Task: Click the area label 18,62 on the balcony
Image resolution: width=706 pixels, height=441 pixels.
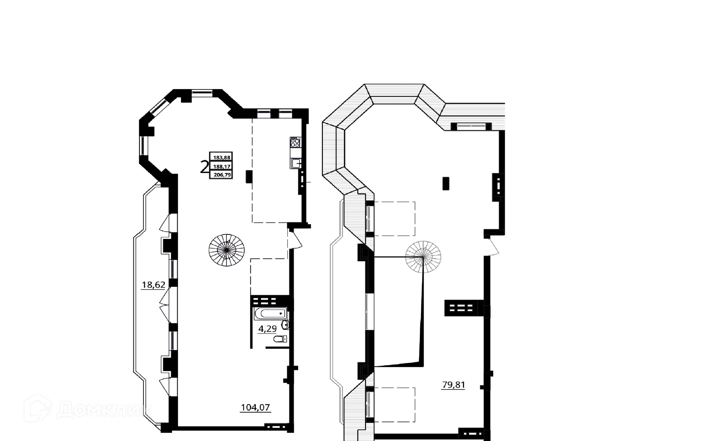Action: click(x=153, y=285)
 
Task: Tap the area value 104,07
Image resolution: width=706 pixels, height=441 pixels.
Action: click(x=255, y=408)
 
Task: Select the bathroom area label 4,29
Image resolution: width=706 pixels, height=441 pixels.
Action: click(x=267, y=328)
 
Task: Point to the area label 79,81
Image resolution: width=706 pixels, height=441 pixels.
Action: click(x=453, y=385)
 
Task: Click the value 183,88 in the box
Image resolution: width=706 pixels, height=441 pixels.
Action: click(x=221, y=157)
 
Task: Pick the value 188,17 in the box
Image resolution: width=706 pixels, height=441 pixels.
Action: click(x=221, y=166)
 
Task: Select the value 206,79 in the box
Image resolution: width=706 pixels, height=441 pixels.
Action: click(x=221, y=175)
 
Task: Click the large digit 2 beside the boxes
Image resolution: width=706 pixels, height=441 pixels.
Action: click(x=204, y=167)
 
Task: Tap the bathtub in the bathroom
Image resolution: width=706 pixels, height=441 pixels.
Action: click(x=270, y=314)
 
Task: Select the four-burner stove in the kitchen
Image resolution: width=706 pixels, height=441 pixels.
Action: click(x=295, y=142)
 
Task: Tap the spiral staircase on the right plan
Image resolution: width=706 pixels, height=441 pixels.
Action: click(x=423, y=257)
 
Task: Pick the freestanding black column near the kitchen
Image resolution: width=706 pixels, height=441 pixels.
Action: click(x=249, y=177)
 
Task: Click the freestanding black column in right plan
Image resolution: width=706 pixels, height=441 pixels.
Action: click(x=446, y=183)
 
